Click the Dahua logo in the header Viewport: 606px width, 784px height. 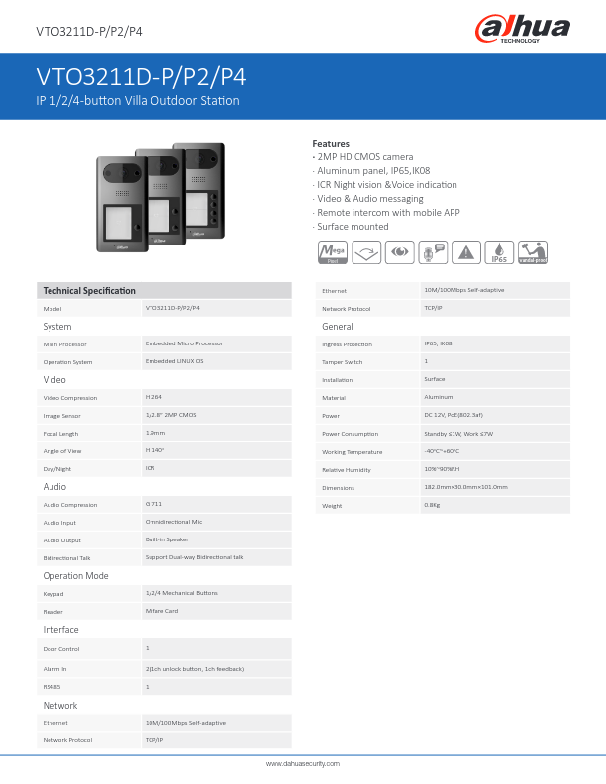[x=524, y=29]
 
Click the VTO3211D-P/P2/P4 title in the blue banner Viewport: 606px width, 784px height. [x=141, y=77]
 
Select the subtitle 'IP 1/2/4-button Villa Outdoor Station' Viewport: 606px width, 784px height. [x=138, y=101]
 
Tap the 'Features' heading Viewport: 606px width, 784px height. [x=331, y=144]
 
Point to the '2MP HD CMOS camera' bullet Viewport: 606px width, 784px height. [x=363, y=157]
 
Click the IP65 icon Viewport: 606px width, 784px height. [x=500, y=252]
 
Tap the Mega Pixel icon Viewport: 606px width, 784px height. [x=332, y=252]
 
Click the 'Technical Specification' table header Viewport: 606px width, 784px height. [x=89, y=290]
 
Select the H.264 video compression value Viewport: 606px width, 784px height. [x=153, y=397]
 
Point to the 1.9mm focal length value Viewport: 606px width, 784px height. [x=155, y=433]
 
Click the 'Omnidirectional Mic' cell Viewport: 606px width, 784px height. [x=173, y=522]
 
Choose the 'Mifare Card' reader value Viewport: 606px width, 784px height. [x=161, y=611]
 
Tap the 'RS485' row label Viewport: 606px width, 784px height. [x=51, y=686]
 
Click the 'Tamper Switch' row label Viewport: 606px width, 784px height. [x=342, y=361]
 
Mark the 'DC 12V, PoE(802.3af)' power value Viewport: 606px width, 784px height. [x=454, y=415]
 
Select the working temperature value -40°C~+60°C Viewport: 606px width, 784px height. [x=442, y=450]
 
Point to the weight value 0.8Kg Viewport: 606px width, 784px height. [x=432, y=505]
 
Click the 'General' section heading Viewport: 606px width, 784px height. [x=338, y=326]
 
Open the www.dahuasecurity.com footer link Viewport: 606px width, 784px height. [x=303, y=764]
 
